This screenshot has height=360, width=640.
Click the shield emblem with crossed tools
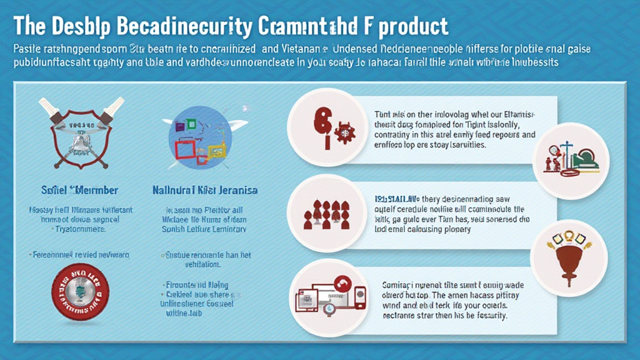pos(79,131)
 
